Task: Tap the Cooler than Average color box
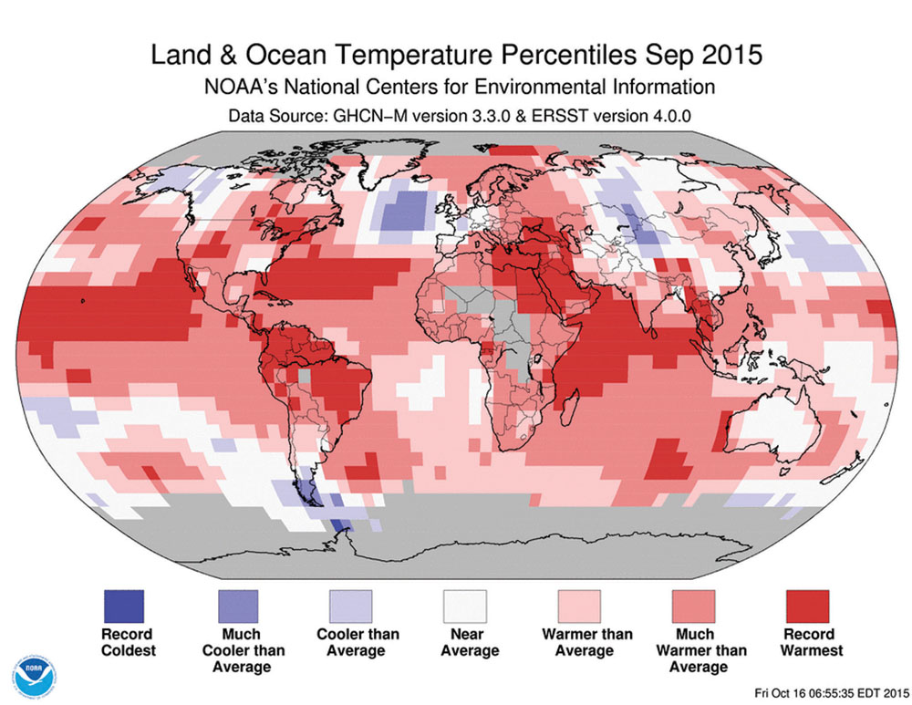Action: point(350,605)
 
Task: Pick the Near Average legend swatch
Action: point(464,605)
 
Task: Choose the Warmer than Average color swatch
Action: point(578,605)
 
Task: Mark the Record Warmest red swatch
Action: point(806,605)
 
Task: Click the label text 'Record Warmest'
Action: point(806,642)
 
